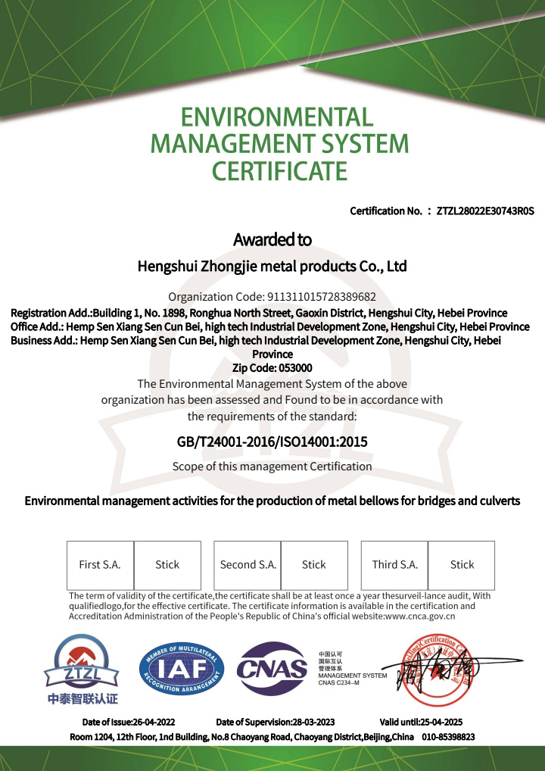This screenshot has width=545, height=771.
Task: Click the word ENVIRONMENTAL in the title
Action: coord(277,117)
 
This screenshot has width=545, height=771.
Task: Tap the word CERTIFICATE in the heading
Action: coord(279,171)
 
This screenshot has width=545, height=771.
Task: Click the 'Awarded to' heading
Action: coord(272,240)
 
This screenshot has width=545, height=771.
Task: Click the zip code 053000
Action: coord(292,367)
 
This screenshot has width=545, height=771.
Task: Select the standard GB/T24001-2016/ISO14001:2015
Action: coord(272,441)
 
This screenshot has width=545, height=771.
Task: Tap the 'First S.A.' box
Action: coord(100,564)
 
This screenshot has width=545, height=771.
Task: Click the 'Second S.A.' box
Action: coord(248,564)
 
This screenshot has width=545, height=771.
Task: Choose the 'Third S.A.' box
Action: coord(394,564)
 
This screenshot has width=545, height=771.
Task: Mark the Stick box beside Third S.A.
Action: coord(462,564)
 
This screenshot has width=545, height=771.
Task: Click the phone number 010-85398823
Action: coord(447,736)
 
